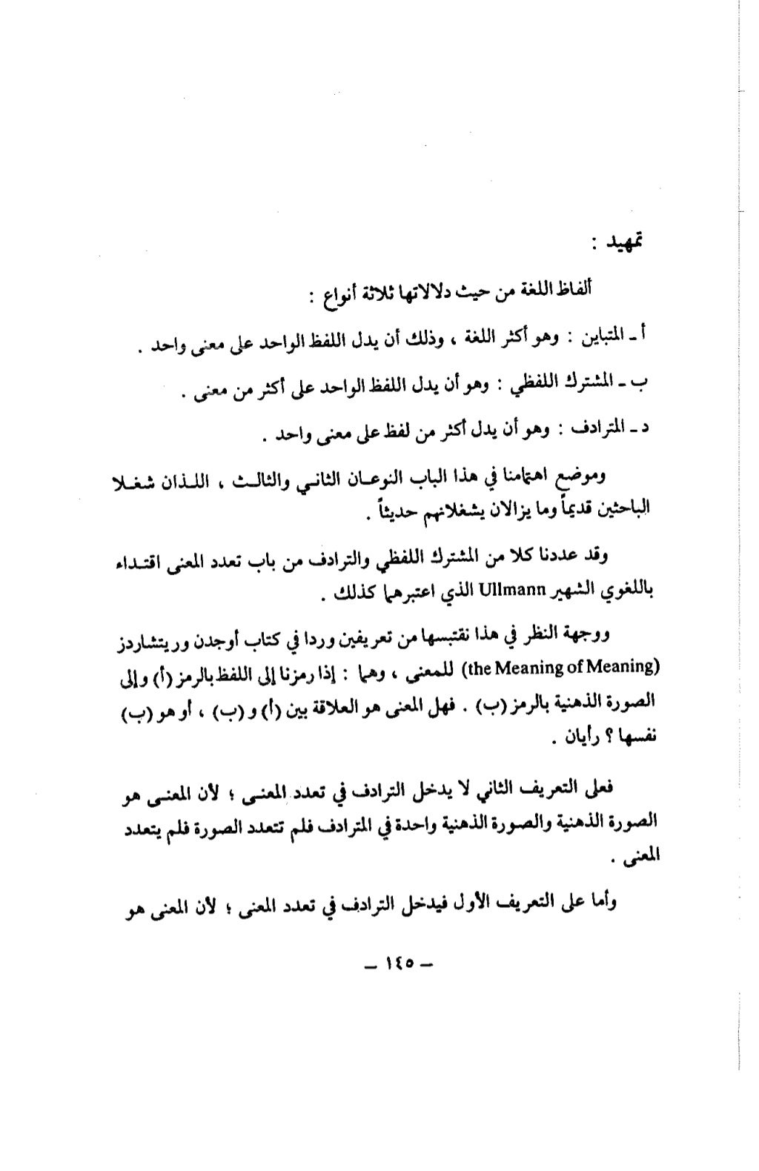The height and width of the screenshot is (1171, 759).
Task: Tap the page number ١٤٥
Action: pyautogui.click(x=398, y=965)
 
